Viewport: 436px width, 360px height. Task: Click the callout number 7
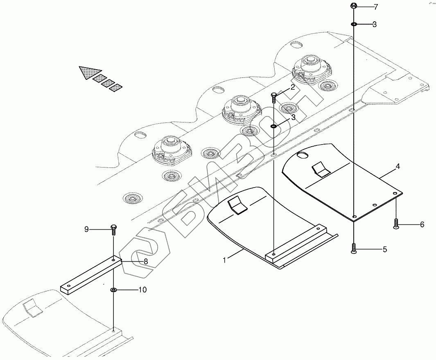point(376,7)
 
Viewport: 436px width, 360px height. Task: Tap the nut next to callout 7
point(354,6)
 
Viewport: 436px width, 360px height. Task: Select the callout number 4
point(398,167)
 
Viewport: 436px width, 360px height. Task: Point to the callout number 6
point(422,224)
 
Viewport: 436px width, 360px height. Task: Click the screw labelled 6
point(396,224)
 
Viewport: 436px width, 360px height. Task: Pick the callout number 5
point(384,249)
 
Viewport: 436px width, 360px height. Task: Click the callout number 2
point(293,87)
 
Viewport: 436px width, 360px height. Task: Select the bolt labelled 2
point(274,97)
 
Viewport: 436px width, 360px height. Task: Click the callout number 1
point(224,260)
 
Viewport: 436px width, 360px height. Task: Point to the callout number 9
point(86,229)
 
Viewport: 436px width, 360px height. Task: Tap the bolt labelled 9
point(113,229)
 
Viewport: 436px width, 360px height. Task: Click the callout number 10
point(142,290)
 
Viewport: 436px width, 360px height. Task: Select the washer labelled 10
point(113,290)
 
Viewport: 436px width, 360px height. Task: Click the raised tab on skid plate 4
point(321,169)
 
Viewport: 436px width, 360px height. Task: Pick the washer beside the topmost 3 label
point(354,25)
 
